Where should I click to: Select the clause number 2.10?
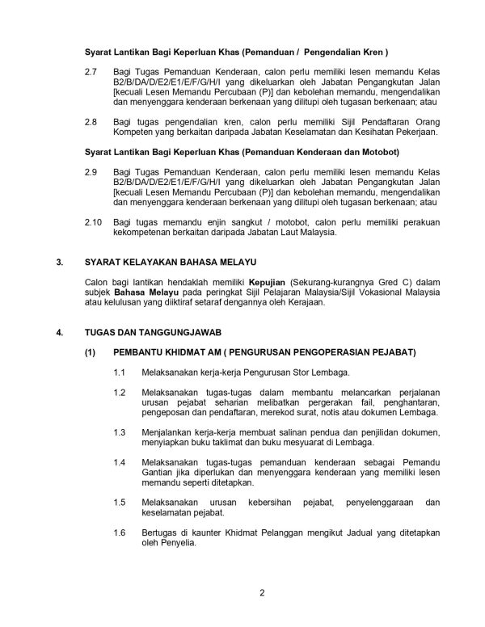point(92,221)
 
